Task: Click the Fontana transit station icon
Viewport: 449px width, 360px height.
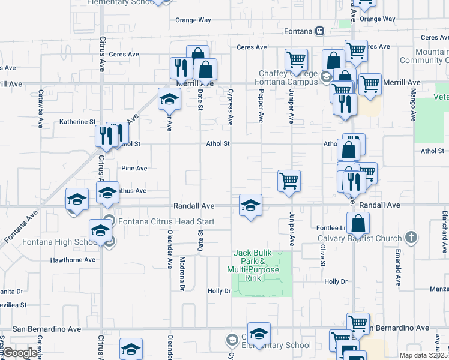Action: tap(320, 31)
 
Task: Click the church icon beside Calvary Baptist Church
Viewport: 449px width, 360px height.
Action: tap(411, 237)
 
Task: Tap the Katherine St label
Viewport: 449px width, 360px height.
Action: tap(77, 122)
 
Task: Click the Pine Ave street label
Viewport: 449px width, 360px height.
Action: tap(134, 169)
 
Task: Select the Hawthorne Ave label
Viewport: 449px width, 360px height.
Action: tap(73, 260)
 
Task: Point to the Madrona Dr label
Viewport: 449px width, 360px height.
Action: tap(182, 275)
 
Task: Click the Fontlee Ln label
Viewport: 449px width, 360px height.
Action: tap(331, 228)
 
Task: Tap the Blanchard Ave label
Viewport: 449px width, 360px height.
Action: tap(445, 228)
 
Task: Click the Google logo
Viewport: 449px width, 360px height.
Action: tap(20, 353)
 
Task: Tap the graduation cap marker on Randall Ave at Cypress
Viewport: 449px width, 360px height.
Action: tap(250, 205)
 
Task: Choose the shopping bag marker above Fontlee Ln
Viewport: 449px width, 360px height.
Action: tap(357, 224)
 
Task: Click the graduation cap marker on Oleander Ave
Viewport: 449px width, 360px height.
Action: tap(169, 99)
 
